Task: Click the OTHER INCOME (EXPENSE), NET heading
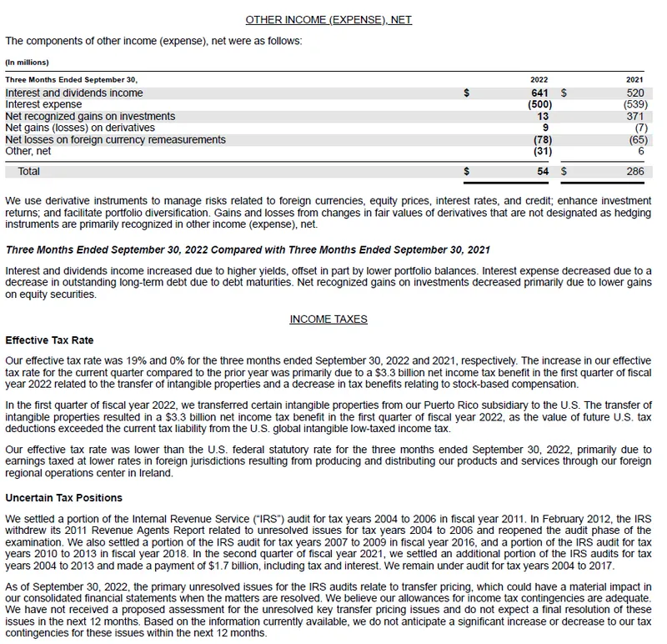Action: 328,19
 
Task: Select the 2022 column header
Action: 539,79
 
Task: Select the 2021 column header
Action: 634,79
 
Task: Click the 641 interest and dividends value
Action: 539,93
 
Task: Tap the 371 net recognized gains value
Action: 634,117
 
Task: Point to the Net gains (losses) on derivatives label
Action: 80,128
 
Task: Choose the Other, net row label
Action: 28,152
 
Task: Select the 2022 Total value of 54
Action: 542,171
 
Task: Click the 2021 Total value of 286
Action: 634,171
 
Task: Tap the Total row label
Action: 29,171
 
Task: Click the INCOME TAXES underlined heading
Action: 328,319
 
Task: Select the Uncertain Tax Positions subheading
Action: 63,498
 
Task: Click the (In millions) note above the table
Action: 27,62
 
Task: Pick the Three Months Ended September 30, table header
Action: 71,79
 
